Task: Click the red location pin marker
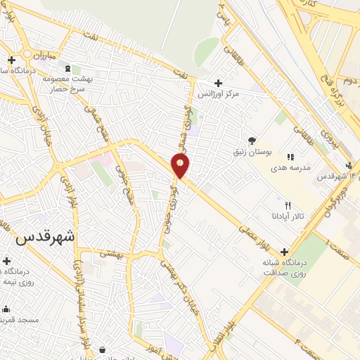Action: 181,165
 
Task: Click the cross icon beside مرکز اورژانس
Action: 218,83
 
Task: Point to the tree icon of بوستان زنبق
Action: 252,141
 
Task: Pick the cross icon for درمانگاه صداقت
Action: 284,252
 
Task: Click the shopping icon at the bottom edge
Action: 103,349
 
